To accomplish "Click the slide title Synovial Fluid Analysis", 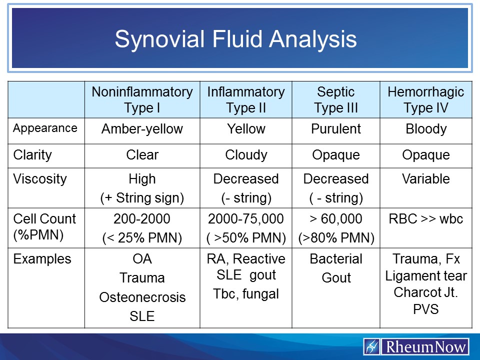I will click(x=235, y=39).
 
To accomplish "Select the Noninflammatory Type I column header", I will click(x=142, y=99).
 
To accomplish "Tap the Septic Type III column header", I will click(x=336, y=99).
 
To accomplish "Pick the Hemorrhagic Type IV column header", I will click(x=426, y=99).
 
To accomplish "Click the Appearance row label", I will click(x=45, y=128).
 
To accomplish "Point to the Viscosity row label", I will click(x=40, y=179).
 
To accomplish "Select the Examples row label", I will click(x=42, y=259).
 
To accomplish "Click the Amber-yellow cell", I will click(x=142, y=129).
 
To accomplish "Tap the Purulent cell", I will click(x=336, y=129).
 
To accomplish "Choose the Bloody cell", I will click(x=426, y=129).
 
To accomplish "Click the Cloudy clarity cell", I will click(x=246, y=155).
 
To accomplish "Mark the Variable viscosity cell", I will click(x=426, y=179).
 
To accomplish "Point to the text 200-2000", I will click(x=142, y=219).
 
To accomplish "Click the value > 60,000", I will click(x=336, y=219).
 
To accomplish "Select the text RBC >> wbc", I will click(x=426, y=219).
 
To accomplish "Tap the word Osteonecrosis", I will click(x=142, y=297).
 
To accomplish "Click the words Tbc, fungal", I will click(x=246, y=294).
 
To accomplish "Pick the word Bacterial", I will click(x=336, y=259).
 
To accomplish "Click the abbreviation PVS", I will click(x=426, y=309).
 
